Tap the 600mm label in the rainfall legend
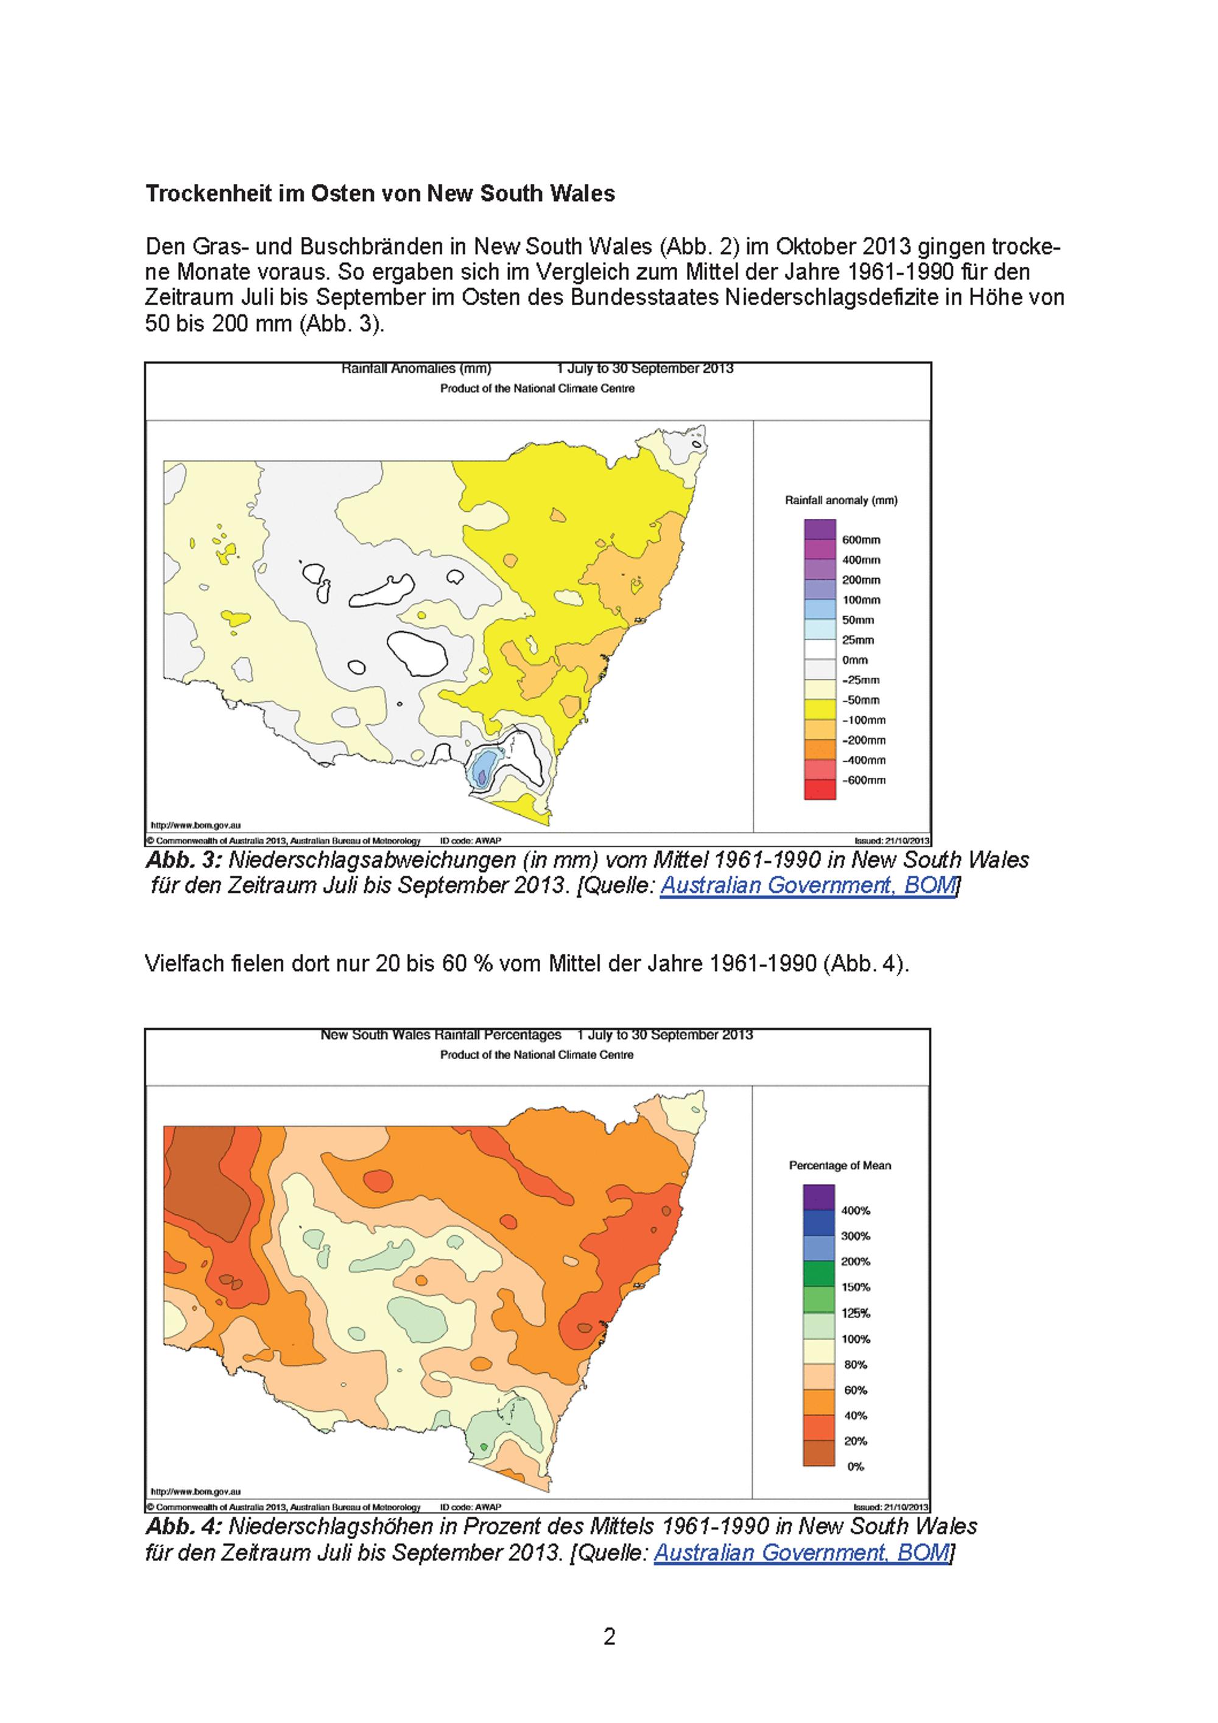pos(861,540)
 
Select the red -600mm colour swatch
pos(820,789)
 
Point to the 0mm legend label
pos(855,660)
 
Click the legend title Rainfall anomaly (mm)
pos(840,501)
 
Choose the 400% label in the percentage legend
pos(856,1210)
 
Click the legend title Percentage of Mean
pos(840,1166)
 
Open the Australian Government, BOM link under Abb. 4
pos(802,1552)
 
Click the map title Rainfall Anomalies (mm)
pos(417,368)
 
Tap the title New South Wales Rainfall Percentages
pos(440,1035)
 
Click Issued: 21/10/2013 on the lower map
pos(892,1507)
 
